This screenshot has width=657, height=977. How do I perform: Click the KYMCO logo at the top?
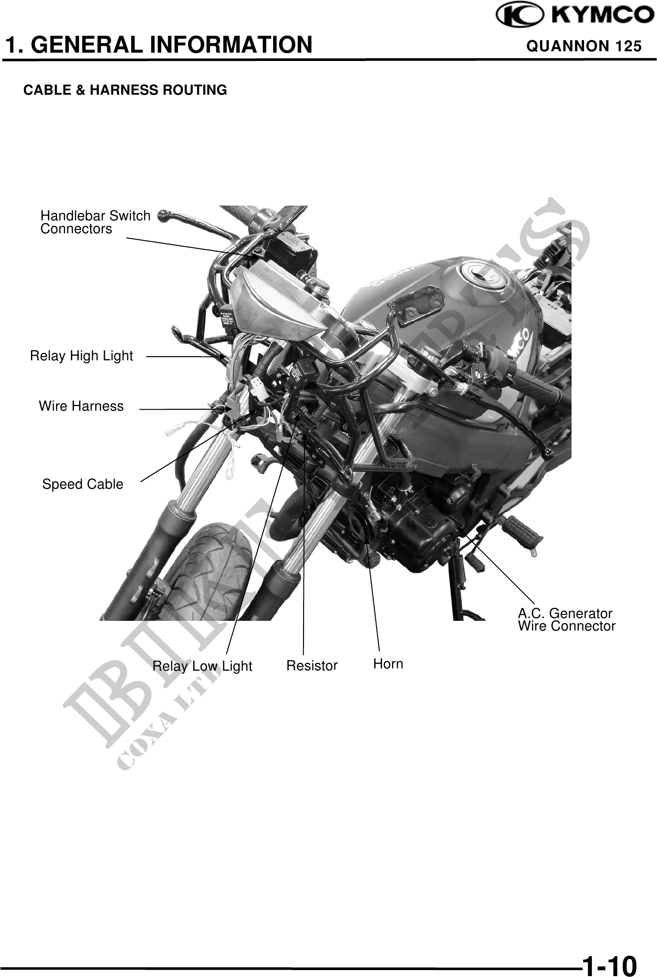(575, 15)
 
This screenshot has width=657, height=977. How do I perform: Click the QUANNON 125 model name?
(584, 46)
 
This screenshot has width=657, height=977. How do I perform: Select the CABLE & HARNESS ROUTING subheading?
(125, 90)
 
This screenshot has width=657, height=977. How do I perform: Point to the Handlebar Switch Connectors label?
(95, 222)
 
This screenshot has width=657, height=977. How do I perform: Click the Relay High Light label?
(81, 356)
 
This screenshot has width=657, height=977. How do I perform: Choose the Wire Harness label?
(81, 406)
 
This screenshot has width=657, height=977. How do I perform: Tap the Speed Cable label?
(83, 484)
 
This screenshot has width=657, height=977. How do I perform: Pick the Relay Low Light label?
(202, 666)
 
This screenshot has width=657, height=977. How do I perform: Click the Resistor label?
(312, 666)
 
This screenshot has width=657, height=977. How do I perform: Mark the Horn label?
(388, 664)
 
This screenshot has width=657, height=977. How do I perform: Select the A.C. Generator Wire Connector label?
(566, 620)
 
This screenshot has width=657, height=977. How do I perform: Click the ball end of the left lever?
(163, 214)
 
